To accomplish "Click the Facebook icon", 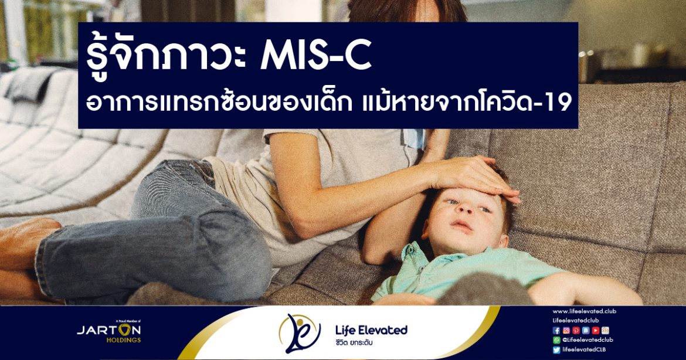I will [x=556, y=330].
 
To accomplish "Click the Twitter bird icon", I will [x=556, y=349].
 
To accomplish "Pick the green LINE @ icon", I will [x=556, y=340].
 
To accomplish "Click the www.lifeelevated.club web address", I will [x=584, y=311].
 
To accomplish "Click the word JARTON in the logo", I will [x=109, y=330].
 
